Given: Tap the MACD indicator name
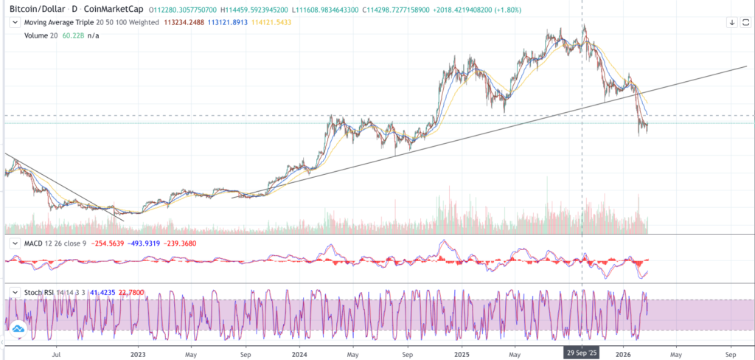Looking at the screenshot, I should (x=31, y=243).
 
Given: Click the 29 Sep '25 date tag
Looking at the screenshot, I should (x=582, y=353).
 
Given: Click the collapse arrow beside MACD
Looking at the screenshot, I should (x=13, y=243).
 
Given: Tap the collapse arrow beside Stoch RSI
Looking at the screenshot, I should (x=13, y=293).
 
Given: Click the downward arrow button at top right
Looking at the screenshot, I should (x=731, y=22).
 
